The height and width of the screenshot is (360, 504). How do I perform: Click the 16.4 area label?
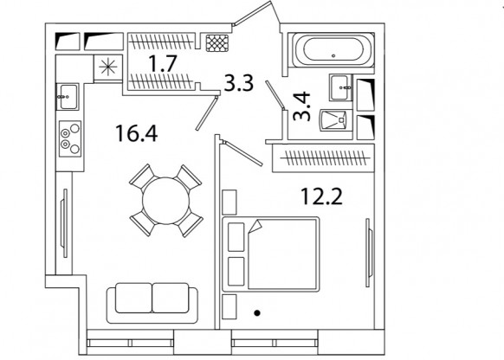point(137,133)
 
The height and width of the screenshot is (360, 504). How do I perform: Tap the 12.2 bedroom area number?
point(321,196)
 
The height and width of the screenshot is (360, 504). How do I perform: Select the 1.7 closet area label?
point(163,64)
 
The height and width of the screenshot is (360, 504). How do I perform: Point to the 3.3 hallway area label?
point(239,83)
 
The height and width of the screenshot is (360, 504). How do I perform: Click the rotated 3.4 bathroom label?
point(302,106)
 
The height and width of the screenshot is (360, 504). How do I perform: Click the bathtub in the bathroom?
point(333,50)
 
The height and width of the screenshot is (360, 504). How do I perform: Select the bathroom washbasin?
point(340,87)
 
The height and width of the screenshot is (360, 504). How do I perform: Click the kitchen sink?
point(68,97)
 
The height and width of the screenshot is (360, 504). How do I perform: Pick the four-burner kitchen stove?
point(70,138)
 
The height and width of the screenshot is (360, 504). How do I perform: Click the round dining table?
point(166,201)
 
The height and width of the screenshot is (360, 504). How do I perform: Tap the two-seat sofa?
point(152,303)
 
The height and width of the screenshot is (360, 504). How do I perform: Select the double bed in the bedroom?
point(271,254)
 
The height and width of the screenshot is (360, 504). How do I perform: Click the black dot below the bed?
point(257,312)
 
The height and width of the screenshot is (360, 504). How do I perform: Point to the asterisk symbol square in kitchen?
point(108,67)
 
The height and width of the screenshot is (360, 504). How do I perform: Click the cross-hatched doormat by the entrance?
point(217,43)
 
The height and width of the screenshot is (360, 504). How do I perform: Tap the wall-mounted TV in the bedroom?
point(369,253)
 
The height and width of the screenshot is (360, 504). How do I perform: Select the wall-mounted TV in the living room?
point(64,223)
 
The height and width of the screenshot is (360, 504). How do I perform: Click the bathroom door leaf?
point(275,95)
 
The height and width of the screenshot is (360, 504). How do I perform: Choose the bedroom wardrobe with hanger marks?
point(323,158)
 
